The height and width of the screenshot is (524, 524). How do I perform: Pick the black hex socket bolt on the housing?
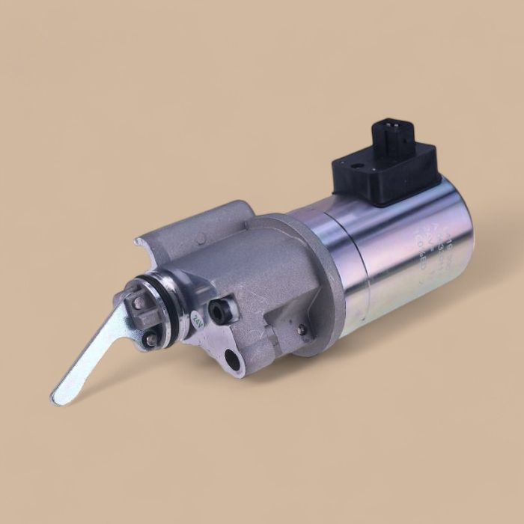(x=222, y=309)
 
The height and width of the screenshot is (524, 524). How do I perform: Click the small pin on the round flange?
(x=301, y=329)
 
